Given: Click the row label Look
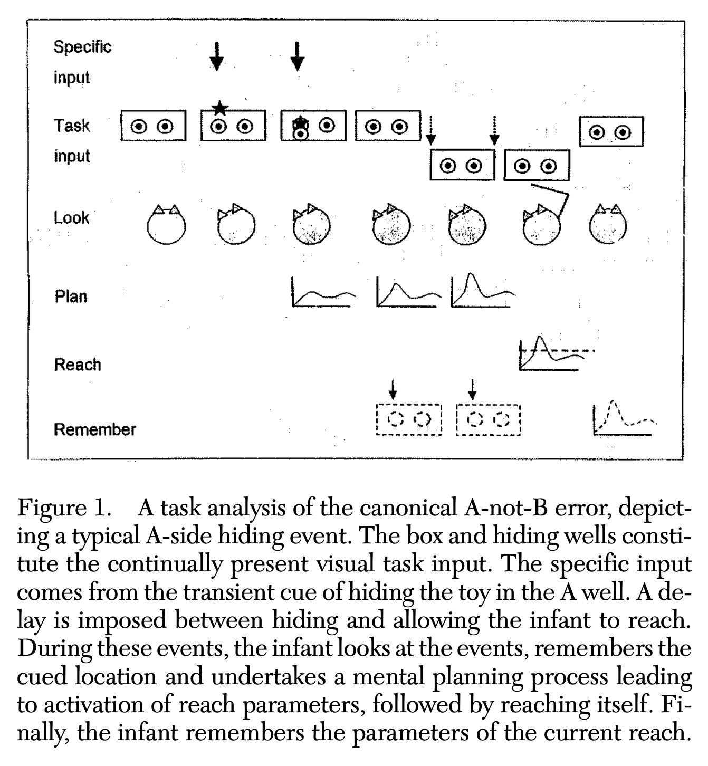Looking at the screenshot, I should click(x=71, y=218).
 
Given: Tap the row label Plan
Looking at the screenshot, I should click(x=71, y=296).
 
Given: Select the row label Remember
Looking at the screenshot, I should click(x=94, y=429).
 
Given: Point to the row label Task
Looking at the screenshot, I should click(x=71, y=126).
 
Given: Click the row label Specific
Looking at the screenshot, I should click(x=82, y=47).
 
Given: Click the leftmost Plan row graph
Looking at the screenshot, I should click(x=322, y=293).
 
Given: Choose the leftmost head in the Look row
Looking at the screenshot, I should click(x=166, y=225).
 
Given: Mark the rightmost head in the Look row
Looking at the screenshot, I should click(x=608, y=226).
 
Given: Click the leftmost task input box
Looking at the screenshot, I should click(x=153, y=126).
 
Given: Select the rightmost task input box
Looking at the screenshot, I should click(x=611, y=132).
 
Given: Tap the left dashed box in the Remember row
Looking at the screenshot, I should click(x=409, y=419).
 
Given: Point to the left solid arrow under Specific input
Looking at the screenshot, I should click(x=216, y=56).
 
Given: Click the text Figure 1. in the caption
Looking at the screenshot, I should click(x=64, y=508).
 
